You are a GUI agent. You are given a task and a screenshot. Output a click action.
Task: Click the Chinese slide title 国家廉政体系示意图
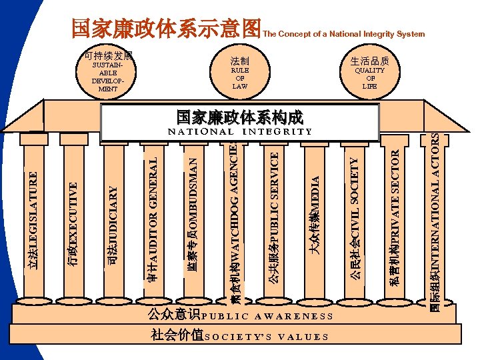pos(166,28)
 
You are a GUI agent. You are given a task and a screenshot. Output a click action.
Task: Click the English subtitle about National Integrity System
pos(344,33)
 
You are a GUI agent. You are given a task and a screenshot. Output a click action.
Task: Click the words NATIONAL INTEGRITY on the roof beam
pos(240,131)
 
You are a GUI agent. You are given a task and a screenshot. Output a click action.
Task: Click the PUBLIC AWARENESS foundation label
pos(239,315)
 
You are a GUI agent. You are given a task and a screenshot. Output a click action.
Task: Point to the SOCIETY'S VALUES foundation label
pos(239,336)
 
